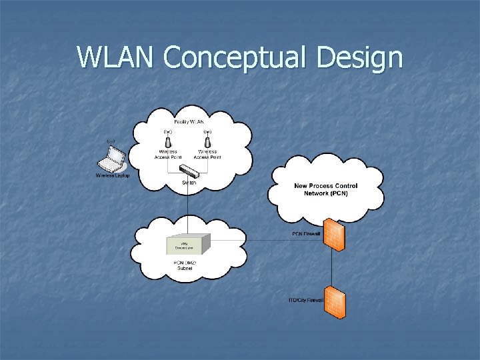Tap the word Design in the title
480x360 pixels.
(x=360, y=59)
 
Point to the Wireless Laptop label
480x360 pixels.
(x=113, y=176)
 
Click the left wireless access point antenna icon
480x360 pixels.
(x=169, y=141)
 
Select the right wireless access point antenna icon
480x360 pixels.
(x=207, y=141)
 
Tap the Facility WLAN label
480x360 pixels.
(x=189, y=121)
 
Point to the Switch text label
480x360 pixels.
(x=189, y=182)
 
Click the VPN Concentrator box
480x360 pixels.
(x=188, y=245)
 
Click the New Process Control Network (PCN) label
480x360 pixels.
(x=326, y=189)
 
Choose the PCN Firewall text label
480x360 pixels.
(x=307, y=234)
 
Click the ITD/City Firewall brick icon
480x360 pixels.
(x=334, y=301)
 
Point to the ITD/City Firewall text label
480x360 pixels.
(x=306, y=300)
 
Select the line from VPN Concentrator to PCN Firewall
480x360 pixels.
(x=267, y=240)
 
